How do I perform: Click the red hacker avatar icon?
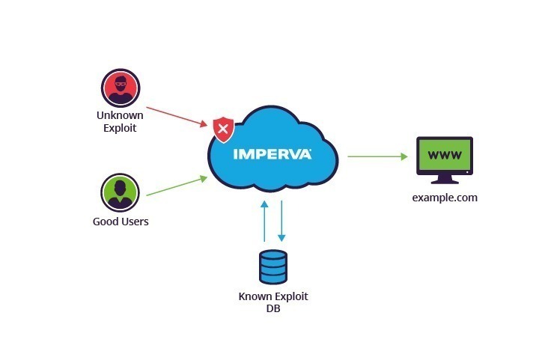tap(120, 88)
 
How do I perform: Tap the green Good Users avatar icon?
tap(120, 193)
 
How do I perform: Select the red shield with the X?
tap(223, 129)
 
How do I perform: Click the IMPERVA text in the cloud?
tap(272, 154)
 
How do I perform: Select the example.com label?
tap(445, 198)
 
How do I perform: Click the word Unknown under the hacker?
tap(120, 115)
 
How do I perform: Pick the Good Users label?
tap(121, 222)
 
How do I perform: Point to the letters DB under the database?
tap(272, 308)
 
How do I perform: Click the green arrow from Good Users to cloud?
tap(176, 186)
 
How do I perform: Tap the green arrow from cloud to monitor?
tap(377, 156)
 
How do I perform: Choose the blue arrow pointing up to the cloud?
tap(263, 220)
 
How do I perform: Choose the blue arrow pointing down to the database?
tap(281, 220)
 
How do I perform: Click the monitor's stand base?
tap(445, 182)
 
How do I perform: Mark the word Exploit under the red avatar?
tap(120, 128)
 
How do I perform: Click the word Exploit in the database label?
tap(290, 296)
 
